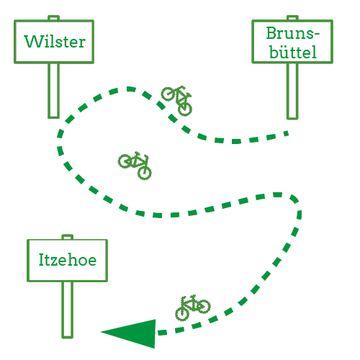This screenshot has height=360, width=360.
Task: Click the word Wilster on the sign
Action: [55, 42]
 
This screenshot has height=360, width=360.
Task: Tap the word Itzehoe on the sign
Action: [68, 260]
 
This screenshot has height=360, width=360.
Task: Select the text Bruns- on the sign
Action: [293, 33]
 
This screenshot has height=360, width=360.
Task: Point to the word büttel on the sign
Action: [293, 51]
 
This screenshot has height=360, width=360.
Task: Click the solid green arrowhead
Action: [128, 333]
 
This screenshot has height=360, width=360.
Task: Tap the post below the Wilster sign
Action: [53, 91]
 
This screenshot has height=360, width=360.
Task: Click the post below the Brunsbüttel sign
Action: [292, 91]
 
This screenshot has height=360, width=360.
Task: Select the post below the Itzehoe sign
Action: [67, 310]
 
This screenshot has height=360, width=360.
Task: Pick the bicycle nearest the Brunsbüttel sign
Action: [177, 100]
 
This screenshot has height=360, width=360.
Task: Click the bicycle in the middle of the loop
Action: [135, 166]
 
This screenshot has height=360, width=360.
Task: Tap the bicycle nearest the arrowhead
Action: [193, 307]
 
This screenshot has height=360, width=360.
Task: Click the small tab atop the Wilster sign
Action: [53, 18]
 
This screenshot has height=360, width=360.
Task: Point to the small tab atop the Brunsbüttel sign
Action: [292, 18]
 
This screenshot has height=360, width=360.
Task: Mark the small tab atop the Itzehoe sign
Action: [67, 237]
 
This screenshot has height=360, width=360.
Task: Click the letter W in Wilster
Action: [33, 42]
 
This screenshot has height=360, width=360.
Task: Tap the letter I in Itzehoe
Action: [42, 260]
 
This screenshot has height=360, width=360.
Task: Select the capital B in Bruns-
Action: [271, 33]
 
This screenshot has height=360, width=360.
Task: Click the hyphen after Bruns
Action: [317, 34]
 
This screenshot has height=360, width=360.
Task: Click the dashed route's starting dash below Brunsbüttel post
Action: [286, 133]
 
